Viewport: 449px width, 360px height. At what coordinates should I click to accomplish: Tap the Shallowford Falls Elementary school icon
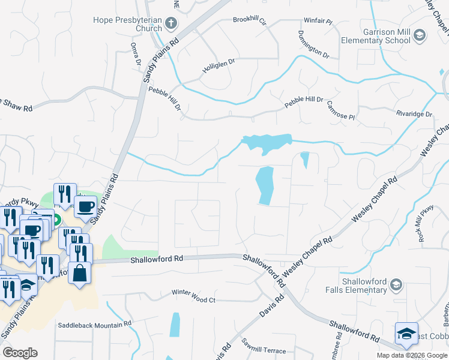coord(396,284)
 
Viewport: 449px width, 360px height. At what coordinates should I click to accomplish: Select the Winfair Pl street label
coord(318,21)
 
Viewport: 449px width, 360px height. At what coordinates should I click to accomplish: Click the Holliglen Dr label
coord(218,70)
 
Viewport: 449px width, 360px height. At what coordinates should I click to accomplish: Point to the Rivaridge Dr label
coord(414,113)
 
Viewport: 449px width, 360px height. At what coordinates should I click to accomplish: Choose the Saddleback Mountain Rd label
coord(94,325)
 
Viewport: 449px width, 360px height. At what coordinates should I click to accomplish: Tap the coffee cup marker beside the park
coord(85,207)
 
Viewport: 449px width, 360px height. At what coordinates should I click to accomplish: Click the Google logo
coord(20,353)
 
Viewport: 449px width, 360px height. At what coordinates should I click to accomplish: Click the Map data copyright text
coord(411,355)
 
